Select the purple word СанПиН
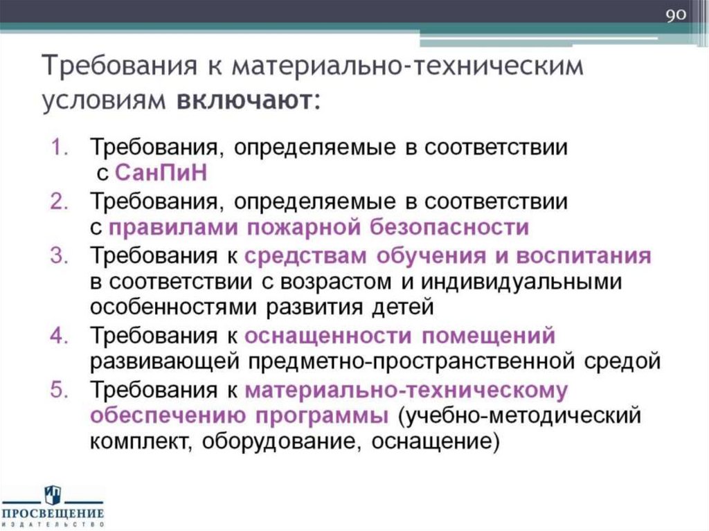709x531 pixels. [161, 172]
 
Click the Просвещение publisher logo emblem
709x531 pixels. [53, 495]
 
